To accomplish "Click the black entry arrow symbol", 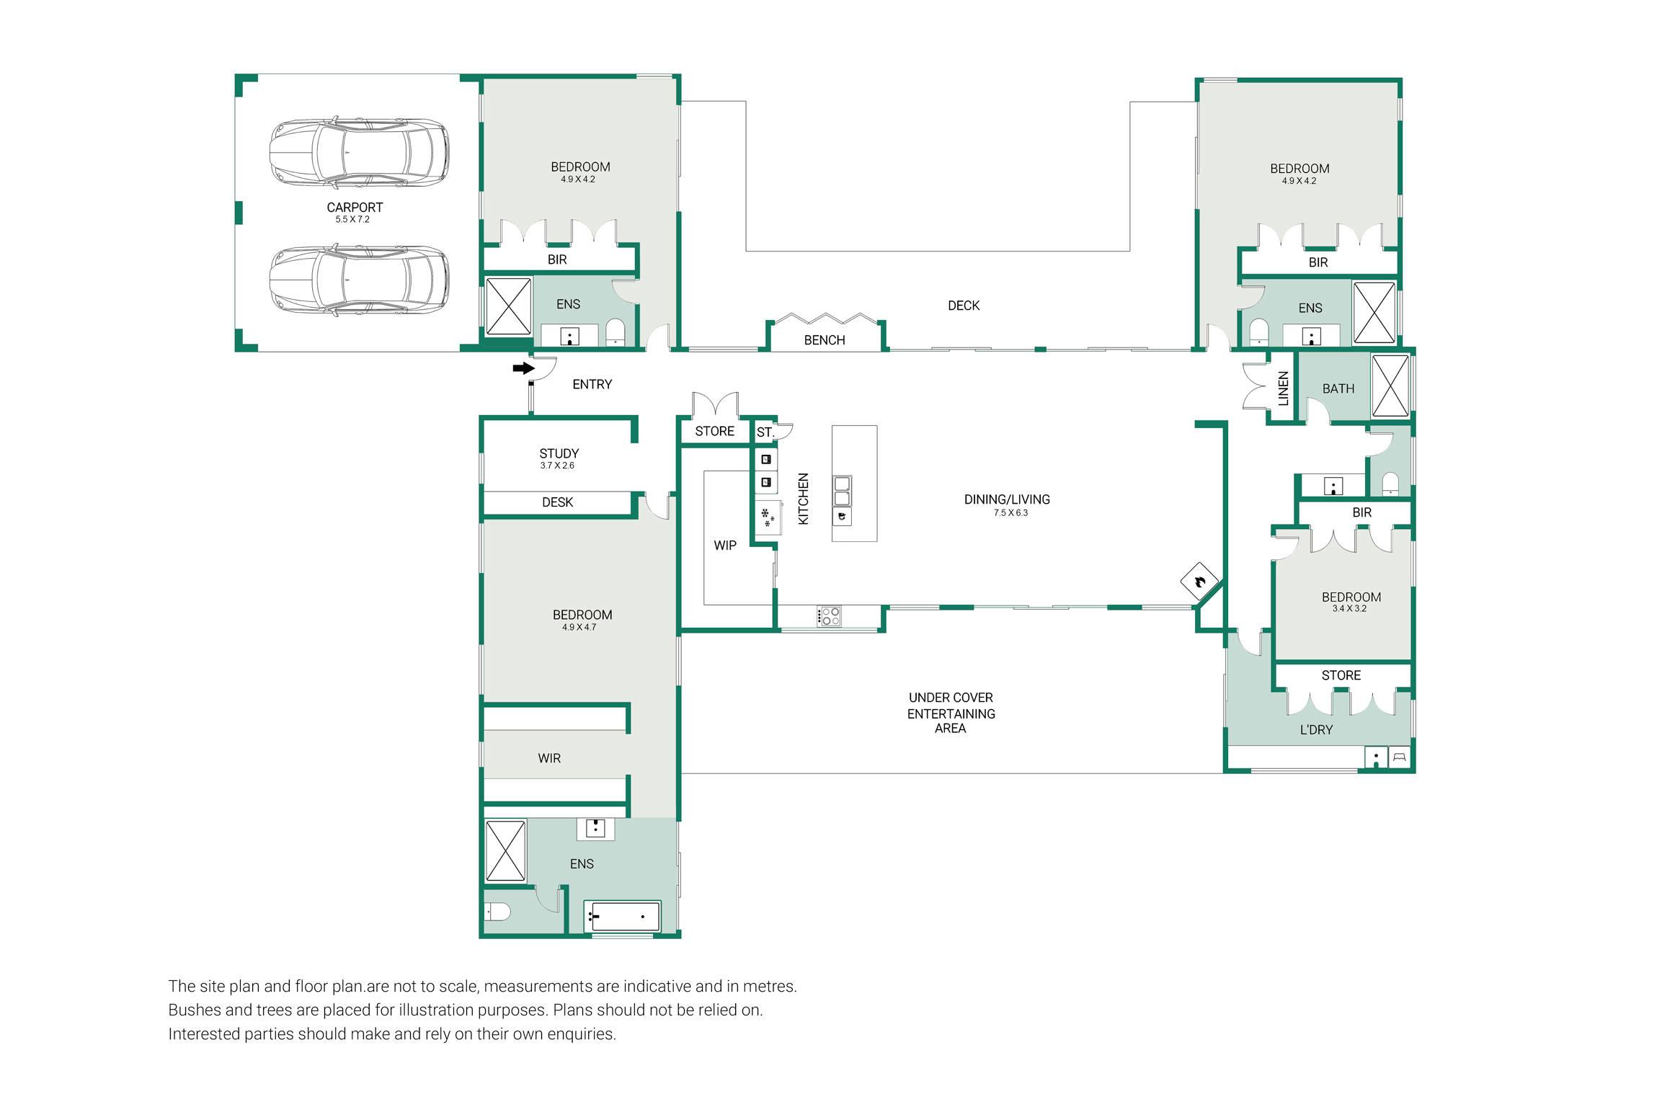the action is (x=523, y=368).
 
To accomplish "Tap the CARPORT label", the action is (x=355, y=208).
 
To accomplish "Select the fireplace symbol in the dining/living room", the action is (x=1199, y=581).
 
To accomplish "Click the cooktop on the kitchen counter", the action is (x=829, y=616).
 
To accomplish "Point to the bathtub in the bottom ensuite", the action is (x=622, y=917).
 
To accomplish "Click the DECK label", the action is (x=964, y=306).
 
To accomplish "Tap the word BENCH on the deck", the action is (x=825, y=340).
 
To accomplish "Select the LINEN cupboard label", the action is (x=1283, y=388).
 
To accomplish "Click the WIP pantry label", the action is (x=725, y=546).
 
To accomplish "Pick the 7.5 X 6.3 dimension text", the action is (x=1010, y=513).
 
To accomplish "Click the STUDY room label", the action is (x=559, y=453).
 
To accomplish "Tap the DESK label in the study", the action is (x=557, y=502).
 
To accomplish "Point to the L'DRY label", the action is (x=1316, y=730).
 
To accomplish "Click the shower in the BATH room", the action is (x=1390, y=386).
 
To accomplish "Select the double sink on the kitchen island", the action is (x=842, y=491).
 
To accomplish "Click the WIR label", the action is (x=549, y=758).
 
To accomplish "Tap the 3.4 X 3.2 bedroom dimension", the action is (x=1349, y=609).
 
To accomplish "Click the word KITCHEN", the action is (x=804, y=499).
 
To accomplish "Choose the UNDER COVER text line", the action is (x=951, y=698).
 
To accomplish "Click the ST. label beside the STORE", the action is (x=765, y=432).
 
